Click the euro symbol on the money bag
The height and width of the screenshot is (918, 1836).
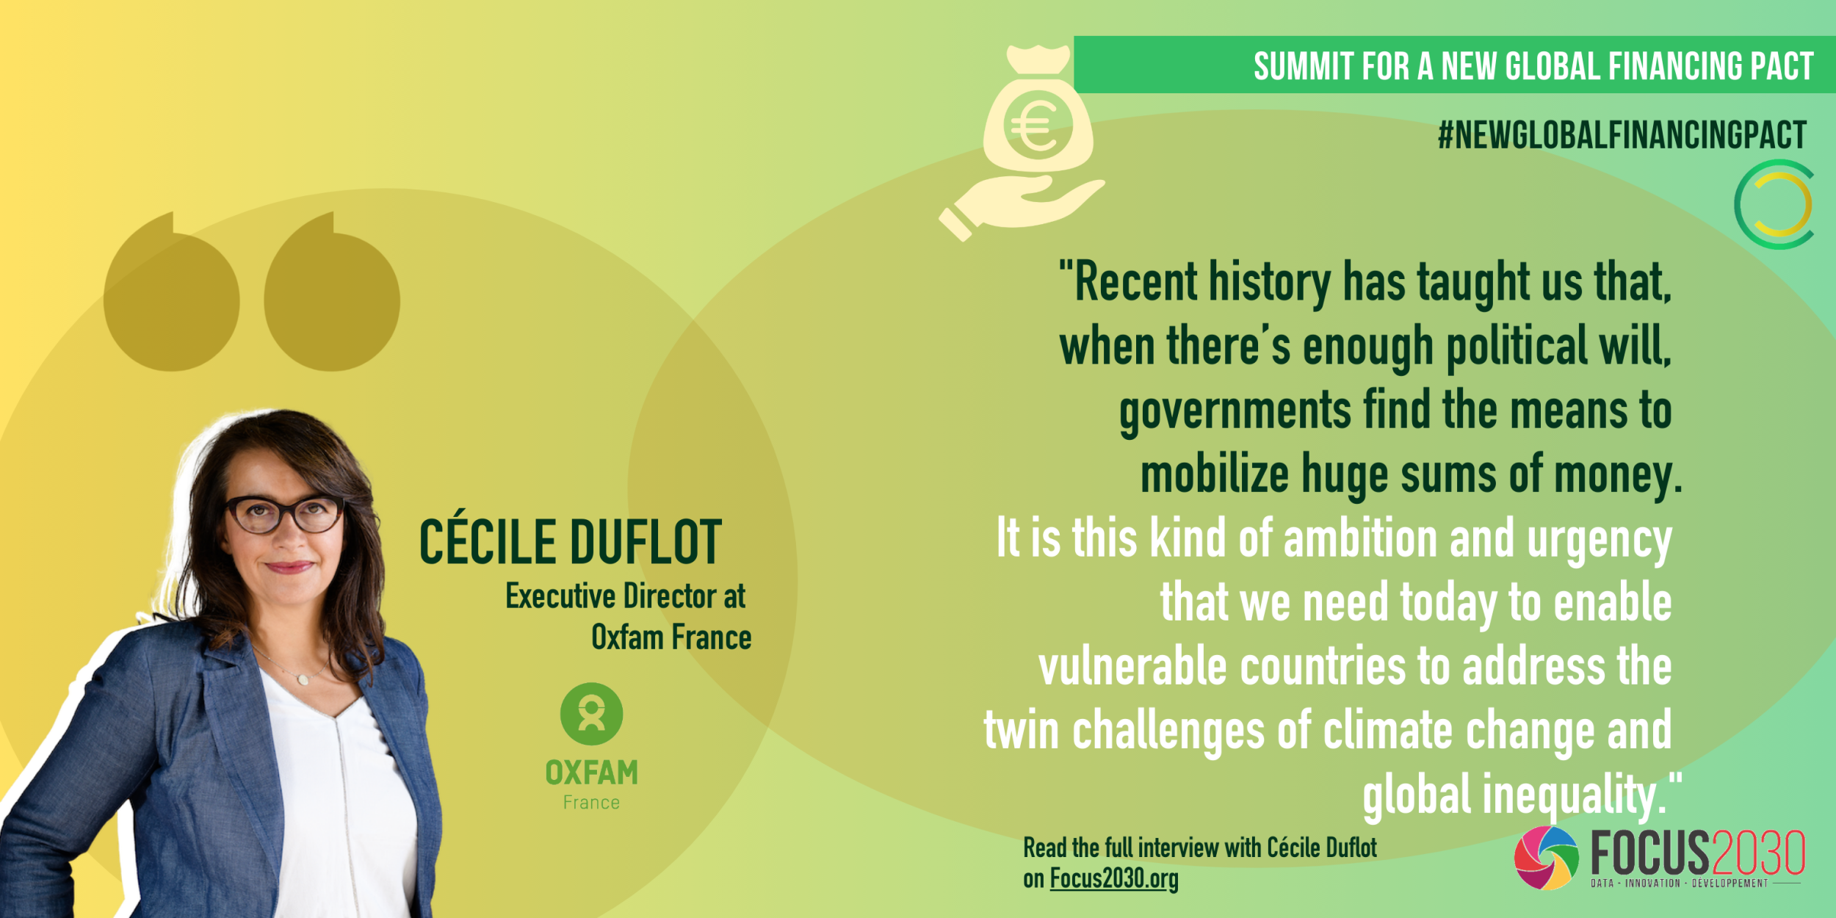click(1036, 126)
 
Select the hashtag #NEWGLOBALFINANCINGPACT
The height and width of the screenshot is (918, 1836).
click(1622, 135)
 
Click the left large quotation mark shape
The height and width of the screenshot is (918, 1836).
click(172, 292)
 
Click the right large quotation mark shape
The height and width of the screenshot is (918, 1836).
click(332, 292)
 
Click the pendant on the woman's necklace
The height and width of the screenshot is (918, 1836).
click(302, 680)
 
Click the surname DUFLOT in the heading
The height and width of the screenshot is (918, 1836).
click(646, 542)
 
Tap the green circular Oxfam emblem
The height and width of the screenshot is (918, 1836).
click(591, 714)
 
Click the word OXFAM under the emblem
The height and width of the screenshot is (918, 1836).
click(591, 773)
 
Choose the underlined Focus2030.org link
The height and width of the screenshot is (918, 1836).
click(1114, 878)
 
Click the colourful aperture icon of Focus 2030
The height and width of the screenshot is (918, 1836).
click(1546, 858)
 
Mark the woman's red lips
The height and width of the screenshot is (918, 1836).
click(289, 566)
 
